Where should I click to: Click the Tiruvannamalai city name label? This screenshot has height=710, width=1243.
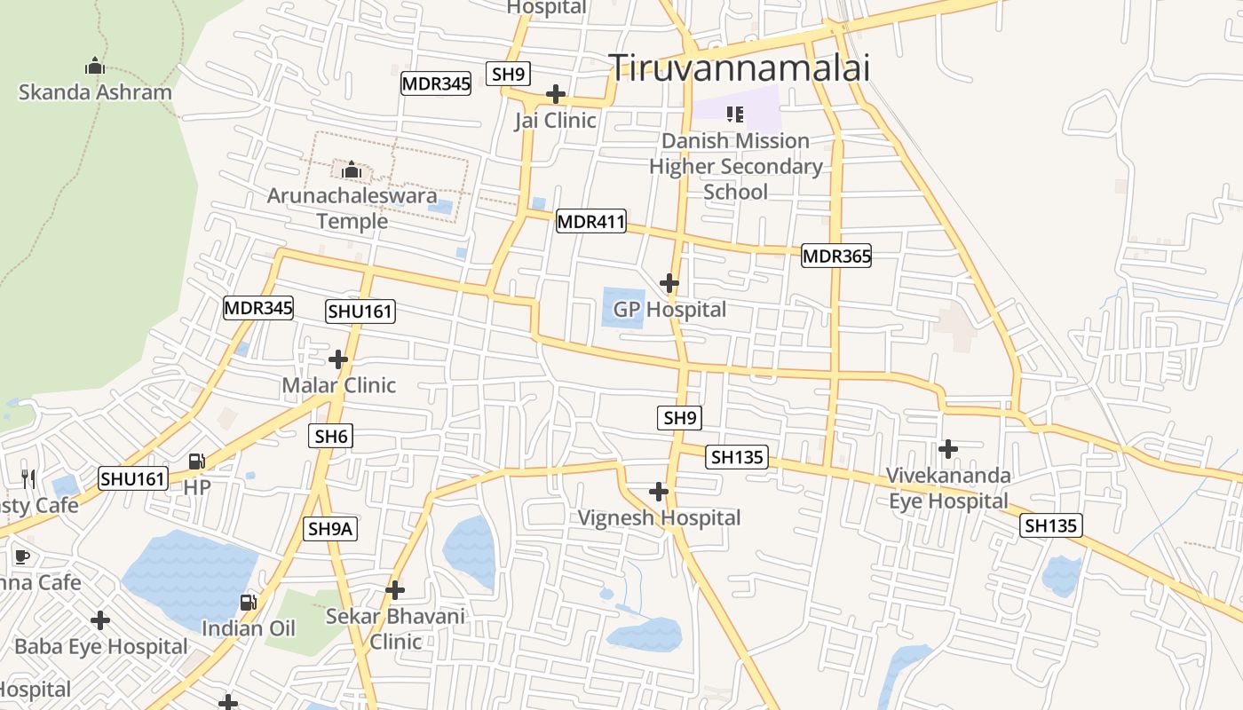(x=739, y=67)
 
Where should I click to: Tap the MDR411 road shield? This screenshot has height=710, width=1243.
(x=591, y=221)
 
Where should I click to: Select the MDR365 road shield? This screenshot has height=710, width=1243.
(x=836, y=256)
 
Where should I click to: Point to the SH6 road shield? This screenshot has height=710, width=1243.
(x=331, y=436)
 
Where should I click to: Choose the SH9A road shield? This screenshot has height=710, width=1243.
(x=331, y=529)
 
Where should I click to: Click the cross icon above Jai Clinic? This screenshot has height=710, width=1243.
(x=556, y=93)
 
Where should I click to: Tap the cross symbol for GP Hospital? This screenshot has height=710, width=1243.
(x=669, y=283)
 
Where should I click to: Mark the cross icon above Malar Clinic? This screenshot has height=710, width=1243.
(x=338, y=359)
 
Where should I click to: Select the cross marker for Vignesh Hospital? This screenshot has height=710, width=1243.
(x=659, y=491)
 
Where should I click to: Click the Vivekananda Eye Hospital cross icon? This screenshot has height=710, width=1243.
(x=948, y=448)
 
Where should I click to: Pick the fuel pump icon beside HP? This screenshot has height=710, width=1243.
(x=197, y=461)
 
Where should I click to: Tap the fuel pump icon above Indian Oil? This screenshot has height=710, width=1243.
(x=249, y=603)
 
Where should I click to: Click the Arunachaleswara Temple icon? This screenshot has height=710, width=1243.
(x=352, y=169)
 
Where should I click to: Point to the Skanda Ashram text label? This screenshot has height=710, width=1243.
(x=95, y=92)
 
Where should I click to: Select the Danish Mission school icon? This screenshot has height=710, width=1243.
(x=735, y=114)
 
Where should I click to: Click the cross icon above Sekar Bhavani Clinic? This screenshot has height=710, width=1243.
(x=395, y=589)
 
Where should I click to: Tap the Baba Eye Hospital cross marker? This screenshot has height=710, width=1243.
(x=100, y=619)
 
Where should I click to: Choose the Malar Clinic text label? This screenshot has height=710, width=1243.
(x=338, y=385)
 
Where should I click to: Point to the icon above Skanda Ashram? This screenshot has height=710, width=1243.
(x=95, y=66)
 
